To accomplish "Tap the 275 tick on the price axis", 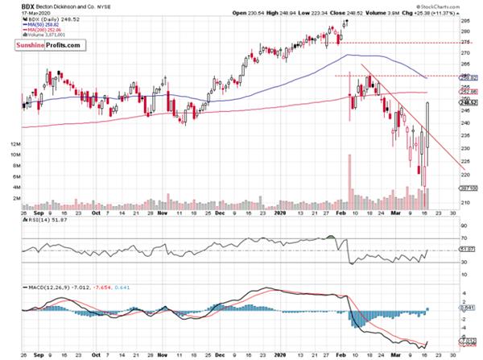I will [x=466, y=42].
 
